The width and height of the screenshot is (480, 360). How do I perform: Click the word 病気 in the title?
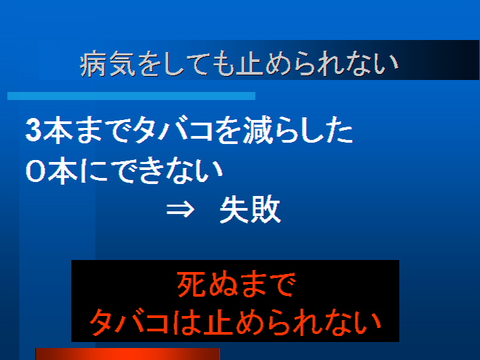tap(108, 64)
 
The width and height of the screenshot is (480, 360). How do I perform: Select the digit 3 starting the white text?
tap(33, 131)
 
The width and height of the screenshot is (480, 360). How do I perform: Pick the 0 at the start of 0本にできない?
tap(35, 171)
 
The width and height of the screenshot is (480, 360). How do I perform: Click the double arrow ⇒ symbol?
tap(180, 210)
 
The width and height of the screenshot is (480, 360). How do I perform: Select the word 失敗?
tap(250, 210)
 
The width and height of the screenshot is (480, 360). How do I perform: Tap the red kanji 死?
tap(191, 285)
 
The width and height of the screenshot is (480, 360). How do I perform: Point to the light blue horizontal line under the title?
tap(131, 96)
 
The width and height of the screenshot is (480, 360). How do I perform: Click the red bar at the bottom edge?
tap(127, 354)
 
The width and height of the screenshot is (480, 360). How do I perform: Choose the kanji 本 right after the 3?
tap(57, 131)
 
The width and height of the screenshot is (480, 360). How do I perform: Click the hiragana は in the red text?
tap(185, 323)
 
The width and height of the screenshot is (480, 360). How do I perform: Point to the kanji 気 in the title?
tap(122, 64)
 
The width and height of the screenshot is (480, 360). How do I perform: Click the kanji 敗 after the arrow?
tap(265, 210)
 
